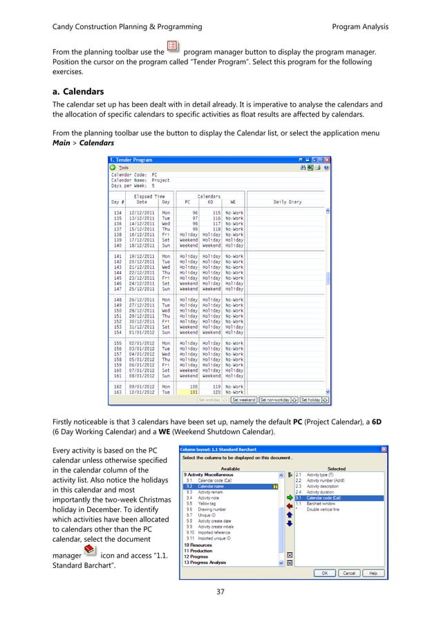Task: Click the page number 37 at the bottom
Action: pyautogui.click(x=220, y=592)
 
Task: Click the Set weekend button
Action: pyautogui.click(x=243, y=399)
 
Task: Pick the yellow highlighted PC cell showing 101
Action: pyautogui.click(x=188, y=393)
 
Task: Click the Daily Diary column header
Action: pyautogui.click(x=290, y=202)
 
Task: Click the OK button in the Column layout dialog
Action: pyautogui.click(x=323, y=573)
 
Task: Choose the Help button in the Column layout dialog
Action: pyautogui.click(x=371, y=573)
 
